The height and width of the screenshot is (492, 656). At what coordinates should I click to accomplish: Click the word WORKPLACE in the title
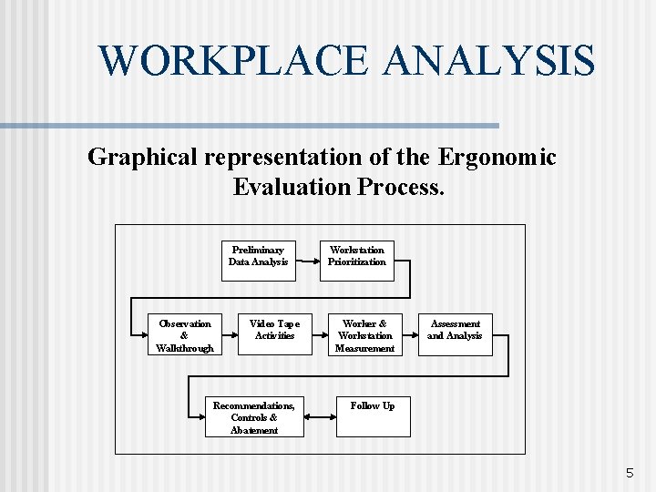point(234,60)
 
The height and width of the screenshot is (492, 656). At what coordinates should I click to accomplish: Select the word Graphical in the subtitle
point(143,158)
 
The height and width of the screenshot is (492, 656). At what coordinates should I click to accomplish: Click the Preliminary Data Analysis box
point(258,256)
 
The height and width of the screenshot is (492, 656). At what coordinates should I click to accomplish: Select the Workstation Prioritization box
point(356,256)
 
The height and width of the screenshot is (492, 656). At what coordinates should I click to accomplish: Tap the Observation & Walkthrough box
point(185,334)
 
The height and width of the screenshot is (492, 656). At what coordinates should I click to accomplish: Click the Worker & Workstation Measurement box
point(364,334)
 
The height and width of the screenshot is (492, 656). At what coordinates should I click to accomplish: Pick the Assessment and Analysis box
point(455,334)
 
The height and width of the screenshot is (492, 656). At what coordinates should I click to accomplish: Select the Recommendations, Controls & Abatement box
point(253,416)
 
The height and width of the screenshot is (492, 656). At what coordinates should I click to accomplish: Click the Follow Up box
point(372,416)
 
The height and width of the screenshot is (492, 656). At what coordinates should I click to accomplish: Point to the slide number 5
point(630,473)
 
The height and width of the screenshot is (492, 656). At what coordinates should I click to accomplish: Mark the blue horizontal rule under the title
point(250,126)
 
